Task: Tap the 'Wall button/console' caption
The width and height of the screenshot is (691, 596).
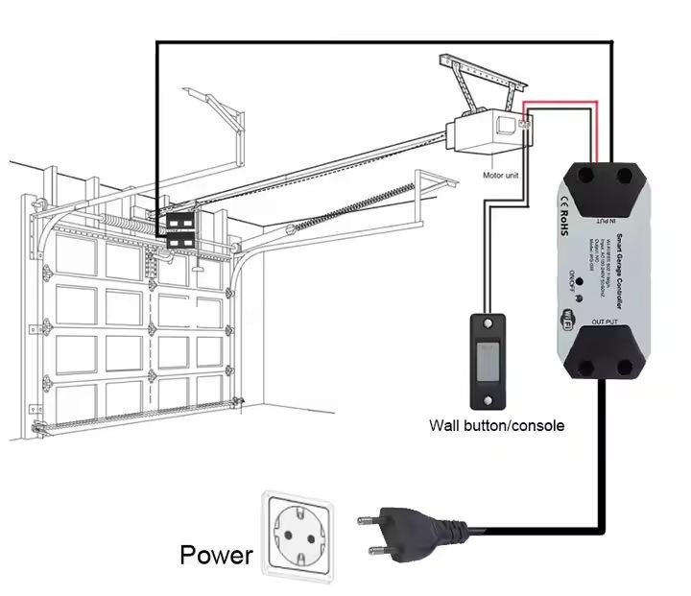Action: click(x=496, y=425)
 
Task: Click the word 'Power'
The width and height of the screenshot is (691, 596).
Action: click(x=216, y=555)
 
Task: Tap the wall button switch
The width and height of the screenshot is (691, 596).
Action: click(x=489, y=359)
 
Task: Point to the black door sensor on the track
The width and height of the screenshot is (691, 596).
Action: click(x=180, y=230)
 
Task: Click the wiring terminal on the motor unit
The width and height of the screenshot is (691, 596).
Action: click(x=523, y=122)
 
